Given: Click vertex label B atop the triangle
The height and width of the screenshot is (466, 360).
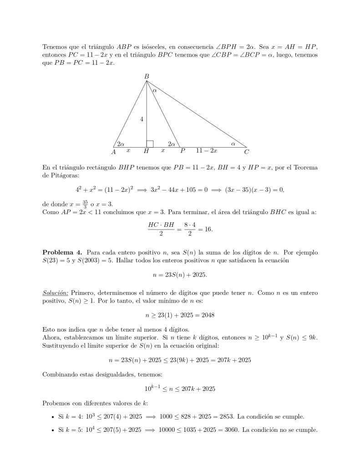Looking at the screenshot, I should coord(147,77).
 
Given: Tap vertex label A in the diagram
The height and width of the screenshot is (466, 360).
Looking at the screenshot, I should coord(113,152).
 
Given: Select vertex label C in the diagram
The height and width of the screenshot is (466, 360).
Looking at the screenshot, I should coord(246,152).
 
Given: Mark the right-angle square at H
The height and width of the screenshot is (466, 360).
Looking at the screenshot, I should coord(150,143).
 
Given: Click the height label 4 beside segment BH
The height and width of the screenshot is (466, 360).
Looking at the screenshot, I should coord(142,119).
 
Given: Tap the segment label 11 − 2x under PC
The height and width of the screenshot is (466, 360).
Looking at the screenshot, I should coord(207,150).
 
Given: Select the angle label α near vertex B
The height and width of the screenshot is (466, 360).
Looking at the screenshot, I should coord(155,91).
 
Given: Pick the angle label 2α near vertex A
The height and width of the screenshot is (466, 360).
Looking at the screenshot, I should coord(121,143).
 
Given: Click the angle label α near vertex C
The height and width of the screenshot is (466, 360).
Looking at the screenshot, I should coord(233,143).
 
